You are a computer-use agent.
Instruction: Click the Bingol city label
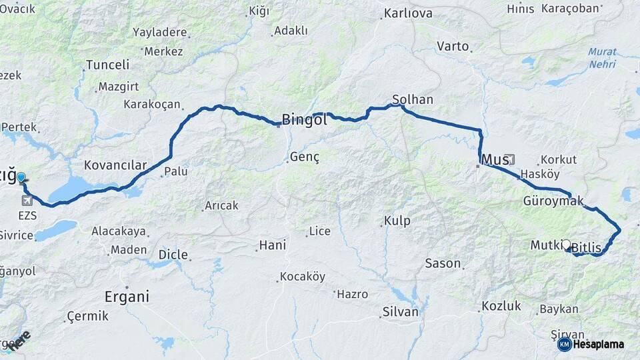[x=304, y=120]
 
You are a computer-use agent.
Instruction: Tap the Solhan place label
[x=413, y=100]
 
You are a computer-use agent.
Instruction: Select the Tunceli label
[x=107, y=65]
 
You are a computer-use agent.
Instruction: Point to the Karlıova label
[x=408, y=13]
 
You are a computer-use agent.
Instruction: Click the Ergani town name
[x=127, y=297]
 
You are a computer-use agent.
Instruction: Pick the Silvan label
[x=400, y=311]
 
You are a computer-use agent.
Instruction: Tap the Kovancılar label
[x=115, y=165]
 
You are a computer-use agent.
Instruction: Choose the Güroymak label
[x=553, y=201]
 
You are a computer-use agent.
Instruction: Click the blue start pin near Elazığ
[x=21, y=178]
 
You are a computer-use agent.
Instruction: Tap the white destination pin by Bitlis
[x=567, y=245]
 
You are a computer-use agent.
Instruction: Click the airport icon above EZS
[x=27, y=199]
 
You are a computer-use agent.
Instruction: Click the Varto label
[x=453, y=46]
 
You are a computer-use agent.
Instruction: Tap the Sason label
[x=443, y=263]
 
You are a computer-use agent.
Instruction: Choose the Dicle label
[x=173, y=255]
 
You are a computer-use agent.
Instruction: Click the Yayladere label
[x=160, y=32]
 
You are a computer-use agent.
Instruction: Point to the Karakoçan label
[x=152, y=104]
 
